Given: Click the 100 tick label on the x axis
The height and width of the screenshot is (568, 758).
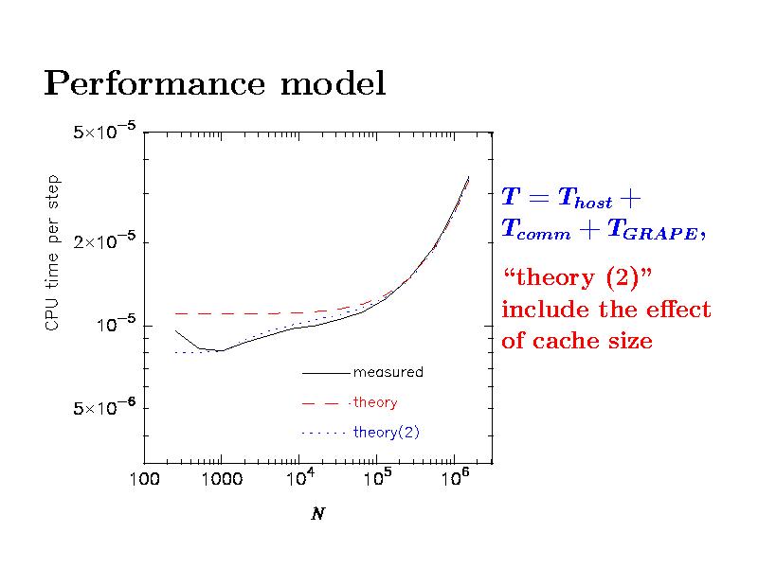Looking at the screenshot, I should [x=144, y=481].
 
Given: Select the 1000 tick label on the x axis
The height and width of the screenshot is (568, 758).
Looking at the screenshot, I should [x=221, y=481].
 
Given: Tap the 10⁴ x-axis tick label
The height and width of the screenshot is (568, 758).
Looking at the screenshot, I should [x=298, y=479].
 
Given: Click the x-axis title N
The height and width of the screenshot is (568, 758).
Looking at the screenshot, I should [x=317, y=516].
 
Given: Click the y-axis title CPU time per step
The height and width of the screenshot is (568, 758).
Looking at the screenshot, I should [x=53, y=253].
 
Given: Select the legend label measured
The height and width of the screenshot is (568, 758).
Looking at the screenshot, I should [x=388, y=372].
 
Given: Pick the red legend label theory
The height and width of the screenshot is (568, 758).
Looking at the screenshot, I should [x=374, y=402].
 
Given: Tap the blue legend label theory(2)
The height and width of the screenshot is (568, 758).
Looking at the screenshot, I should [x=386, y=433].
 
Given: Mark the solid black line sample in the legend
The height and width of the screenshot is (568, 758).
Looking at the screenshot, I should [x=325, y=373].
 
